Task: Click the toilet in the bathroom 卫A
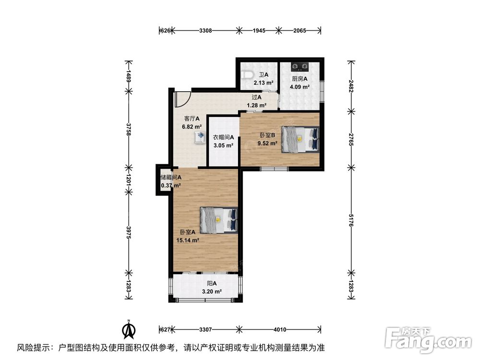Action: (246, 75)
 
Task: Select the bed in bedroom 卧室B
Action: (300, 139)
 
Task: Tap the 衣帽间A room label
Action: (223, 137)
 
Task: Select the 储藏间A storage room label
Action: (171, 177)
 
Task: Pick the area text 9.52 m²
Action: (267, 143)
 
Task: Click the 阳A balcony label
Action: (212, 283)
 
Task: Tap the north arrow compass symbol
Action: (129, 329)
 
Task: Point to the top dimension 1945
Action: (259, 31)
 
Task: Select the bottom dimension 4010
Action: (280, 330)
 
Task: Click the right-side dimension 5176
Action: (351, 223)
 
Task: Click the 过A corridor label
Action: (256, 97)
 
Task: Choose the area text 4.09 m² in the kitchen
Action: (300, 87)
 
